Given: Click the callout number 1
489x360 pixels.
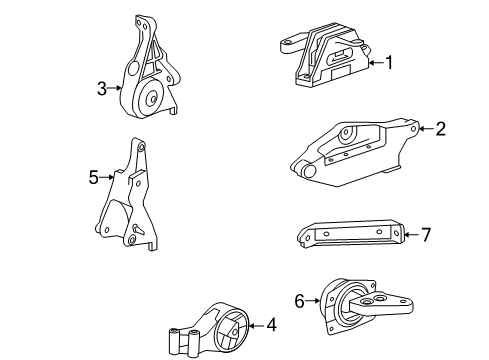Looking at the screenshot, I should pyautogui.click(x=389, y=62).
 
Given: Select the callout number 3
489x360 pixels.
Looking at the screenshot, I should pyautogui.click(x=101, y=88).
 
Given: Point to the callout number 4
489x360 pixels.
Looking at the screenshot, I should pyautogui.click(x=270, y=324).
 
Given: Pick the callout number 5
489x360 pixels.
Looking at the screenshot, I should pyautogui.click(x=93, y=178).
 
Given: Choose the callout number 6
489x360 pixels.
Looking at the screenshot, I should pyautogui.click(x=299, y=298).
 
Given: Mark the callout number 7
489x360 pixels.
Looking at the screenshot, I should pyautogui.click(x=425, y=235).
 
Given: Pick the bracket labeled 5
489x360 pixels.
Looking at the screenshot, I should pyautogui.click(x=129, y=205).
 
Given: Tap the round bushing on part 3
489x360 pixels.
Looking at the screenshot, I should pyautogui.click(x=153, y=97).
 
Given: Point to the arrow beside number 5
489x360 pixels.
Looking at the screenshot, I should pyautogui.click(x=106, y=178).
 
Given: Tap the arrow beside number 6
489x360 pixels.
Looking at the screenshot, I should pyautogui.click(x=313, y=298).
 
